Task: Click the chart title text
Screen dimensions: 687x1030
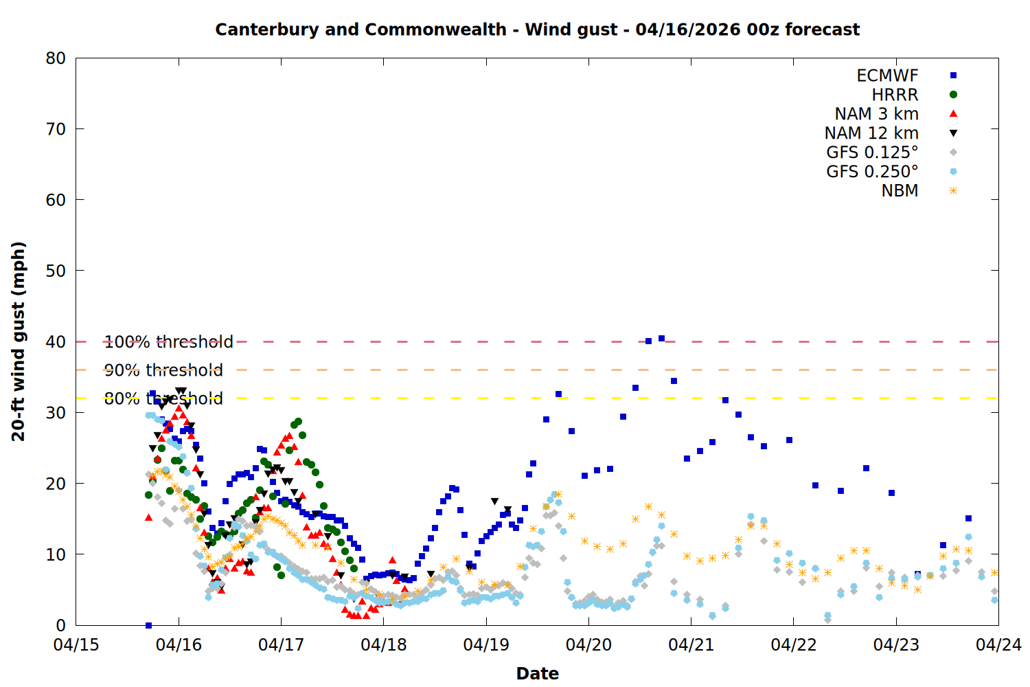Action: click(x=537, y=30)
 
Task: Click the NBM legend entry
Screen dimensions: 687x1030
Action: click(x=900, y=191)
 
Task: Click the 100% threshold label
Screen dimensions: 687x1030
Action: click(x=169, y=342)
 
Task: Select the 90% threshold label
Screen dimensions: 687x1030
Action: click(x=163, y=370)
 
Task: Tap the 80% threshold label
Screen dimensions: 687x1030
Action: click(x=163, y=398)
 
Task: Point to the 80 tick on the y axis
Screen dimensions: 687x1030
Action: click(x=56, y=58)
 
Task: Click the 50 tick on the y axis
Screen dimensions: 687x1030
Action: click(x=56, y=271)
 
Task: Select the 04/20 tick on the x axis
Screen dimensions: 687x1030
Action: click(x=588, y=645)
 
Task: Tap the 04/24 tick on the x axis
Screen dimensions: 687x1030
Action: click(x=998, y=645)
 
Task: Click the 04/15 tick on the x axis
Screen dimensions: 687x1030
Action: click(x=76, y=645)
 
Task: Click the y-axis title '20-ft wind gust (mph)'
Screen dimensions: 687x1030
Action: click(x=19, y=341)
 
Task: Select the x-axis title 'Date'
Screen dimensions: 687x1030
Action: click(x=537, y=673)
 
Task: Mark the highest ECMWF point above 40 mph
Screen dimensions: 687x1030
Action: click(x=661, y=338)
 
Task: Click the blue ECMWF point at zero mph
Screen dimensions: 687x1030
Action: click(x=148, y=625)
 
